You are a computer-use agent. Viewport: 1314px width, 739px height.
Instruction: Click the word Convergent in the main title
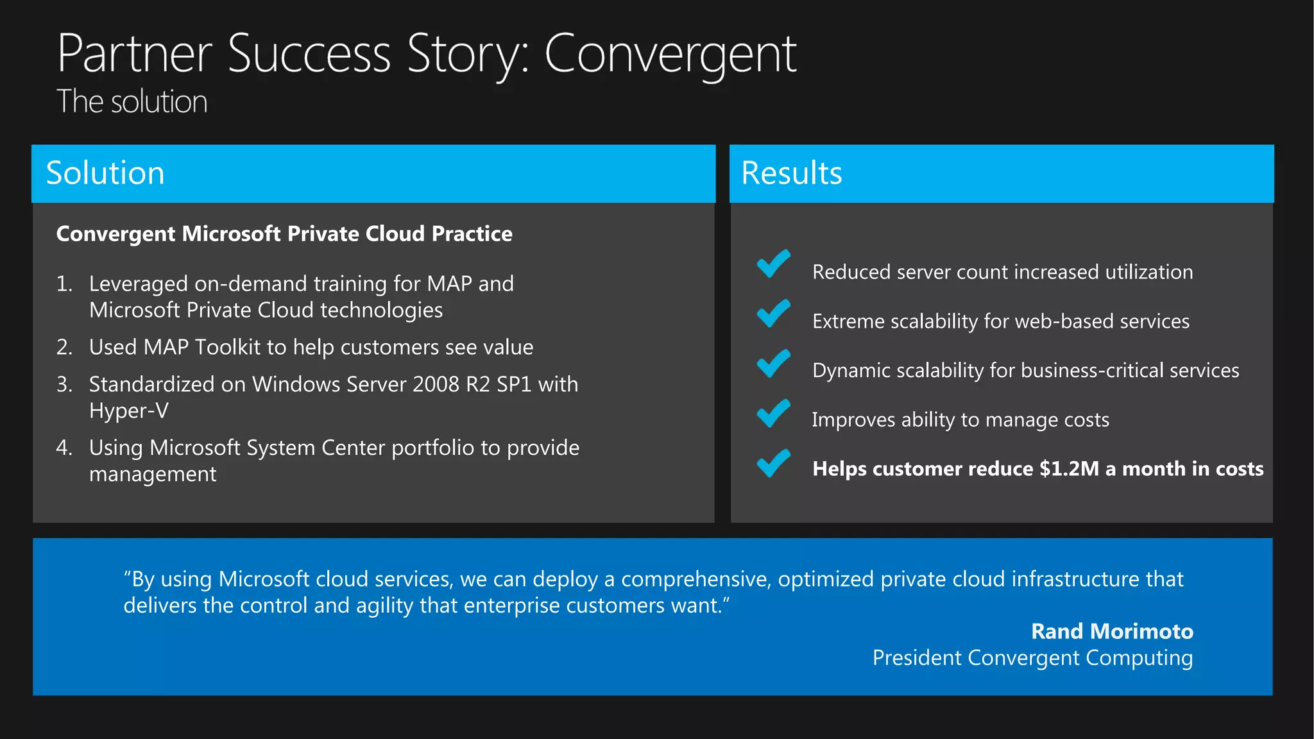[x=670, y=55]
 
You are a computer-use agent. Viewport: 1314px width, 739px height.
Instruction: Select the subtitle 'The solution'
[x=132, y=102]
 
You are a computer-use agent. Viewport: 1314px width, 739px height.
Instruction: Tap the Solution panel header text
[x=105, y=173]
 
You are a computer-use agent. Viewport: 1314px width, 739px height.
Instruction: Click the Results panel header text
[x=791, y=173]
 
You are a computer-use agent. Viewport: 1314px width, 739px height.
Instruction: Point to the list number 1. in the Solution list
[x=64, y=284]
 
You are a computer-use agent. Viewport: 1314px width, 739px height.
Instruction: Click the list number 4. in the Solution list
[x=64, y=447]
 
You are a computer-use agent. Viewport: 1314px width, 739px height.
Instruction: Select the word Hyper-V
[x=129, y=411]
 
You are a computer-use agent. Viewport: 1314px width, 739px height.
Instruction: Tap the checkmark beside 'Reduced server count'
[x=773, y=264]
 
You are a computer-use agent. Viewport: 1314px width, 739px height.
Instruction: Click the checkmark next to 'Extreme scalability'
[x=773, y=314]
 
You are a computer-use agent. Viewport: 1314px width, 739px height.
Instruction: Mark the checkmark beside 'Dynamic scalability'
[x=773, y=363]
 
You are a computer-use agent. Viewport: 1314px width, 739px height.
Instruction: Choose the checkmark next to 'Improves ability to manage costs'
[x=773, y=413]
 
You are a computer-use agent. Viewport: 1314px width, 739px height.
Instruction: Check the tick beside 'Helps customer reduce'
[x=773, y=463]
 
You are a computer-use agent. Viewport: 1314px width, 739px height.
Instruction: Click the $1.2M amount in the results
[x=1069, y=469]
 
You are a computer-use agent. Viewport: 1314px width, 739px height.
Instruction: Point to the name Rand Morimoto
[x=1112, y=631]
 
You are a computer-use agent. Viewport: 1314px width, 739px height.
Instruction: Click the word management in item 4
[x=153, y=474]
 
